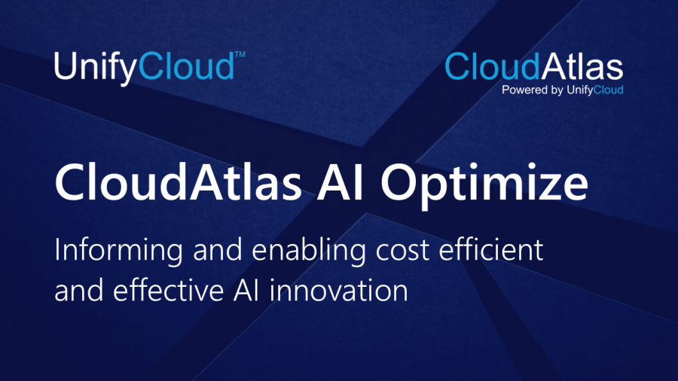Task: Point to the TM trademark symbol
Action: [x=240, y=56]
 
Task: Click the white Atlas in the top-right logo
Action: [x=582, y=67]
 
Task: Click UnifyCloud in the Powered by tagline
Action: [x=596, y=90]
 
